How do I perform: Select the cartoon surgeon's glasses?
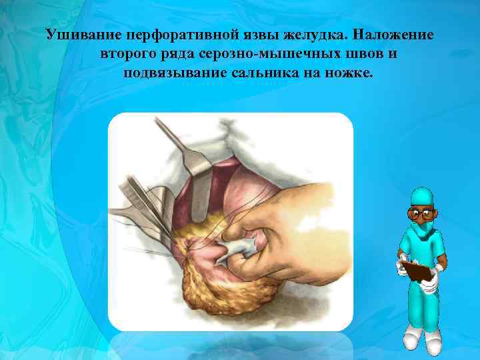pos(420,215)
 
